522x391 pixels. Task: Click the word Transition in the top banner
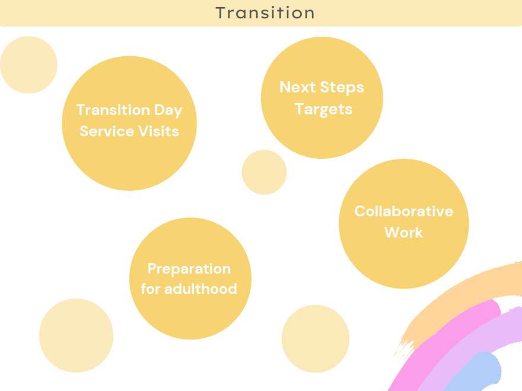(265, 13)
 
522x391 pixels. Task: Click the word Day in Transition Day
(168, 110)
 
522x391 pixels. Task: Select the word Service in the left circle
(107, 131)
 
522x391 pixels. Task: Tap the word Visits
(159, 131)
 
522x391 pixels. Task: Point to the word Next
(298, 87)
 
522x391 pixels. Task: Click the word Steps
(342, 88)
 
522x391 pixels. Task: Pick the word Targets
(324, 110)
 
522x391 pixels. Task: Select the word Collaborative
(404, 211)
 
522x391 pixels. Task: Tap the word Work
(404, 232)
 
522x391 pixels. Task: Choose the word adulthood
(200, 289)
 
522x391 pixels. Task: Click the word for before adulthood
(151, 289)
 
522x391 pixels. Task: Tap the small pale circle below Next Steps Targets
(264, 172)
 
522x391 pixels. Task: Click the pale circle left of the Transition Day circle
(28, 65)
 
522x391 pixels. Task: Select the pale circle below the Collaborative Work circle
(315, 339)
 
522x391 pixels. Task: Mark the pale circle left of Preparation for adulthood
(77, 335)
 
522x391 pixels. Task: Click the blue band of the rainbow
(479, 373)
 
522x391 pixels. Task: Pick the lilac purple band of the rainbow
(473, 336)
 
